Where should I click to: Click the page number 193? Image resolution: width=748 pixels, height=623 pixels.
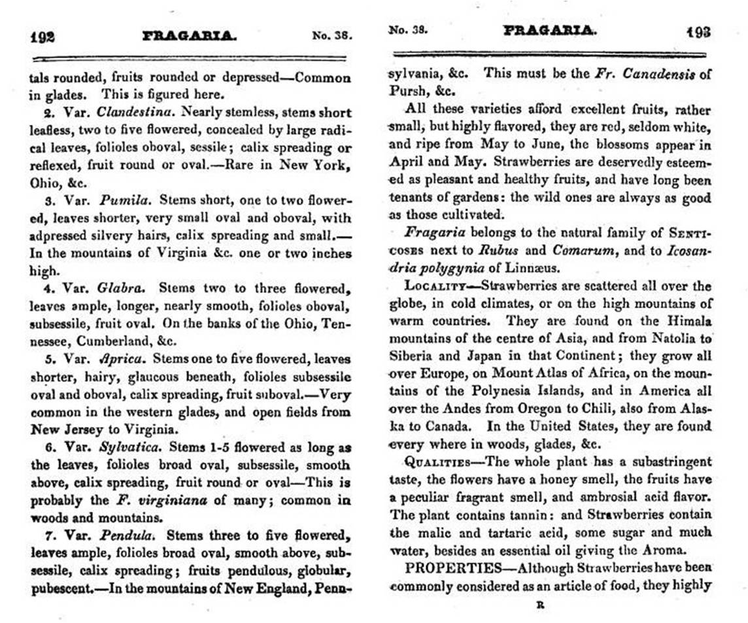[x=698, y=31]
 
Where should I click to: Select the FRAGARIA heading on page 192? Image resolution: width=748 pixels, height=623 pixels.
[x=190, y=36]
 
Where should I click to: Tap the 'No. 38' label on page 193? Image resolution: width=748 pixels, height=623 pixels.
[x=406, y=29]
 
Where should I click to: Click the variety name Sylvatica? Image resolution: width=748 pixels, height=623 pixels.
[x=131, y=448]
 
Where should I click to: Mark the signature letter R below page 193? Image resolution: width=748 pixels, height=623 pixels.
[x=540, y=605]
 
